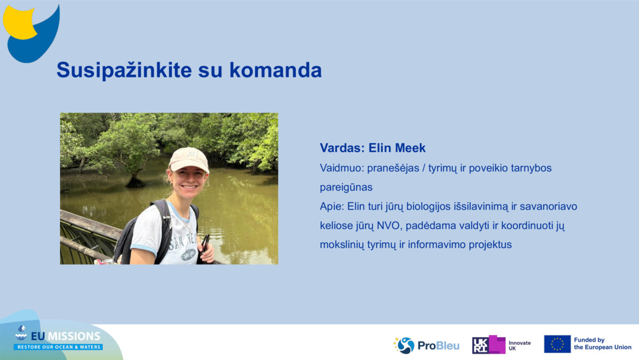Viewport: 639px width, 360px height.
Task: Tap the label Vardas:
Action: tap(343, 148)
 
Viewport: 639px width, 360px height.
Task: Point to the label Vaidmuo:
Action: tap(342, 168)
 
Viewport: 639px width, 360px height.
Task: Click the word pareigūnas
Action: tap(346, 187)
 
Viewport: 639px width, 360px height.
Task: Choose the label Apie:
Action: tap(332, 207)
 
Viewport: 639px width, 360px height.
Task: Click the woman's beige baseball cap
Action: tap(189, 159)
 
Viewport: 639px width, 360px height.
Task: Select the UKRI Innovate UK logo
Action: tap(502, 345)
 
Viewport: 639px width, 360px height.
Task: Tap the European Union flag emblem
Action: tap(557, 344)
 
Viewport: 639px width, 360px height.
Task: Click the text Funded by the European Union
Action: tap(602, 344)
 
